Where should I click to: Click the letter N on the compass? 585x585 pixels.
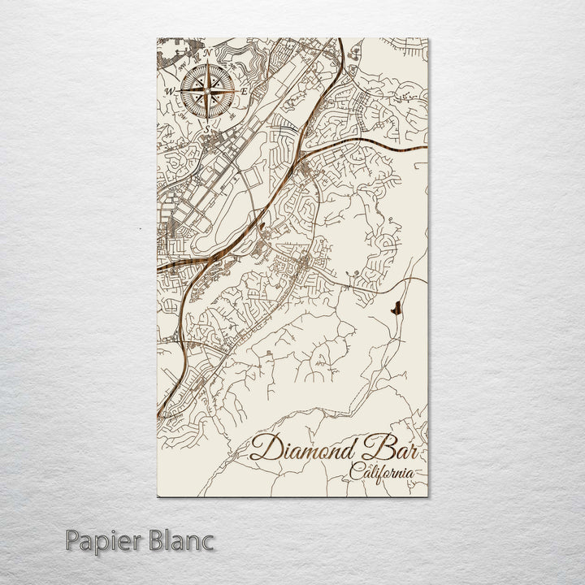208,54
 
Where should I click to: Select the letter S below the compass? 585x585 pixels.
209,128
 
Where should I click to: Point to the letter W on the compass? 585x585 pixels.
171,92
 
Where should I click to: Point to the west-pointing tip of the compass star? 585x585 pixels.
181,91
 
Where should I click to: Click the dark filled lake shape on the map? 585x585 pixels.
396,309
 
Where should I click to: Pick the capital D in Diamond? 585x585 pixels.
265,448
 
